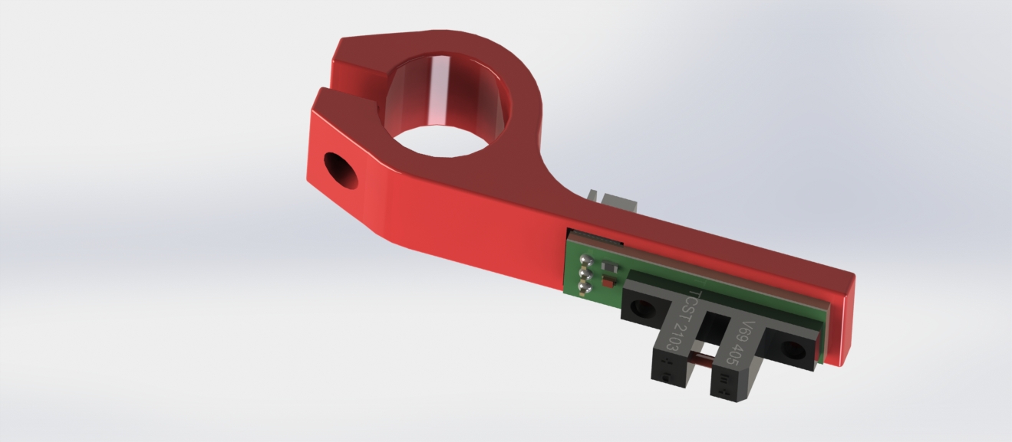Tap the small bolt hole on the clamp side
click(341, 171)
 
